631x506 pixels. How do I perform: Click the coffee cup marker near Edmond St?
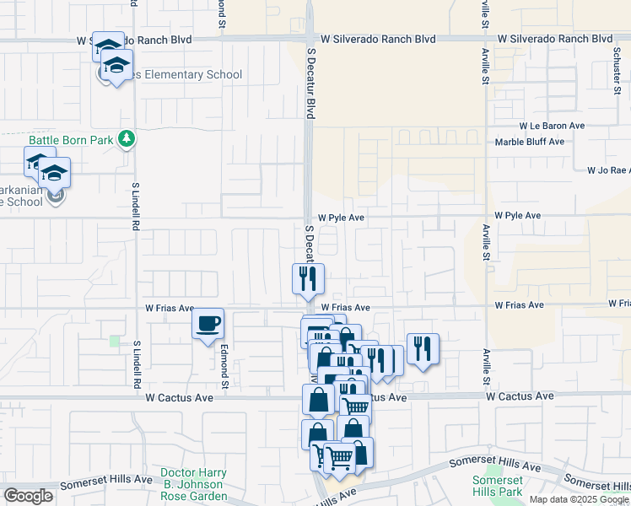click(208, 324)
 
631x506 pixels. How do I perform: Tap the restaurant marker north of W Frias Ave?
click(308, 278)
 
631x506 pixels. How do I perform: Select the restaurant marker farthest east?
click(423, 348)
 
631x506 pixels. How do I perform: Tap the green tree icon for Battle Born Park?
click(127, 137)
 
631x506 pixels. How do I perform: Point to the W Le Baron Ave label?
click(553, 125)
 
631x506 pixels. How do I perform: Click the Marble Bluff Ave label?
click(529, 142)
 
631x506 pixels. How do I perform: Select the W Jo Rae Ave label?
click(608, 170)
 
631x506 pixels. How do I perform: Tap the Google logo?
click(29, 496)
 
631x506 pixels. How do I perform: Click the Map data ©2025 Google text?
click(579, 499)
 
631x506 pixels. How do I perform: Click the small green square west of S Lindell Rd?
click(115, 341)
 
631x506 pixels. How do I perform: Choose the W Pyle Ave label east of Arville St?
click(517, 216)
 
